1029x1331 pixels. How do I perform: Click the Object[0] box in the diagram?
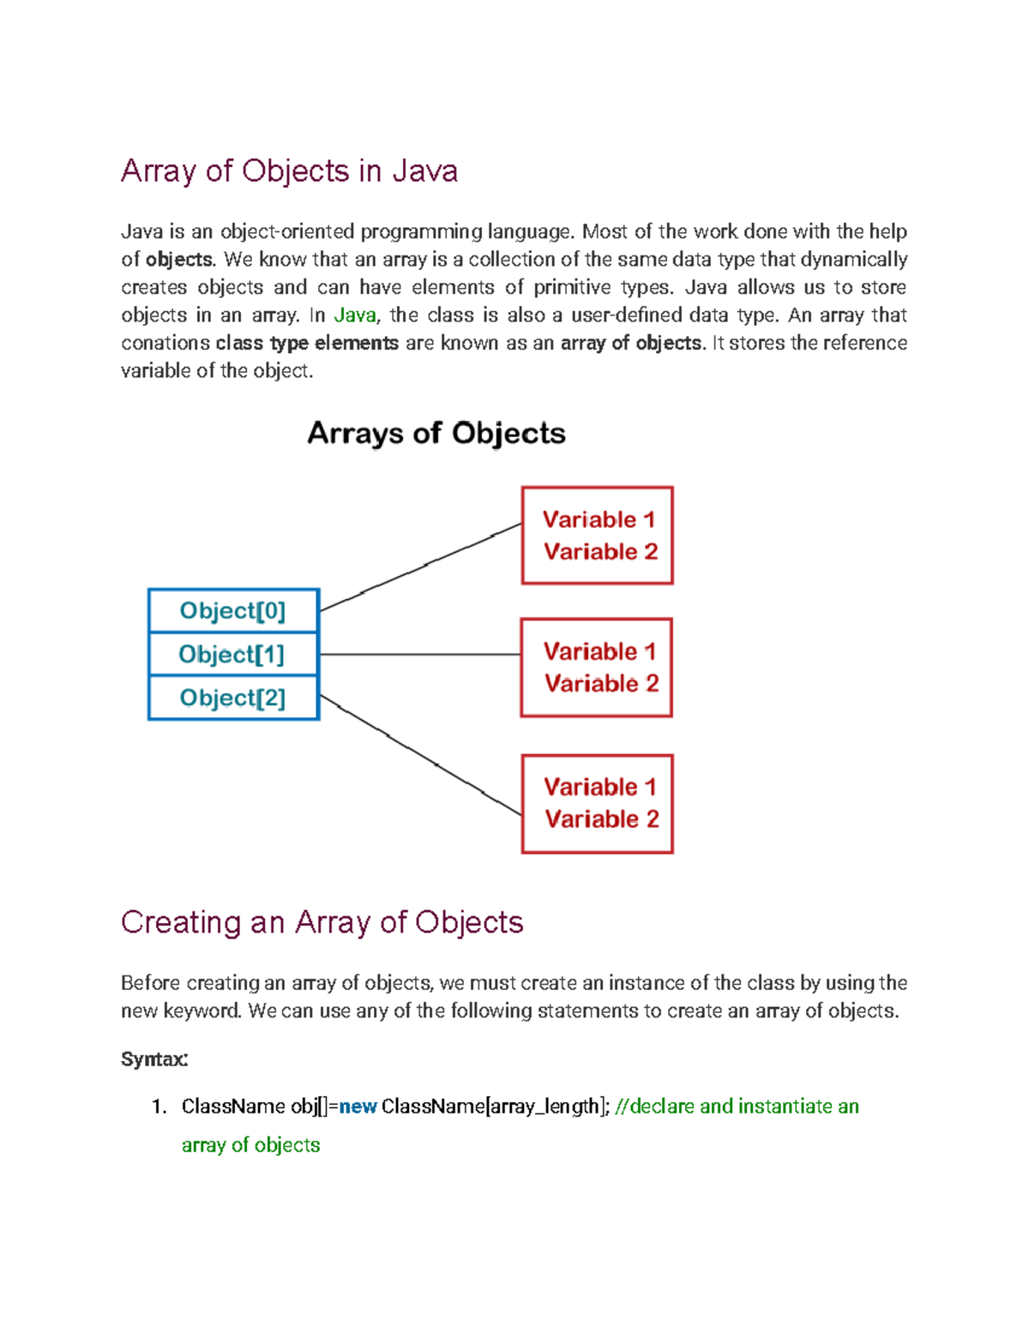click(233, 611)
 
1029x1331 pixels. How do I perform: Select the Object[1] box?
click(233, 655)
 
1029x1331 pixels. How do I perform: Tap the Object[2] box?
click(233, 698)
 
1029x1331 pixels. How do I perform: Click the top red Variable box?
click(598, 536)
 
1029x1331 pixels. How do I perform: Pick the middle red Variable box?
click(597, 668)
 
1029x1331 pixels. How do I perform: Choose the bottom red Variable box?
click(598, 804)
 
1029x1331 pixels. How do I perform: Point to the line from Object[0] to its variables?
click(420, 567)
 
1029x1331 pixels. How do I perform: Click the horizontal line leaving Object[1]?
click(420, 654)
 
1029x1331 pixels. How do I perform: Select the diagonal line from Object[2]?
click(420, 755)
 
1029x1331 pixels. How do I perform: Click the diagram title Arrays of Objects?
click(436, 433)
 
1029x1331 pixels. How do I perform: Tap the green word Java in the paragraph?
click(354, 315)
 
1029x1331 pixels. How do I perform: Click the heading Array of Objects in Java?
click(289, 171)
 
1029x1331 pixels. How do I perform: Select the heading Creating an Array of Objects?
click(322, 922)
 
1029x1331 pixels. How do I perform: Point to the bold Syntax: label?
click(154, 1059)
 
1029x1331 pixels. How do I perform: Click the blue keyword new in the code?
click(358, 1106)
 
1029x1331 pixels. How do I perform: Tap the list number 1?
click(158, 1106)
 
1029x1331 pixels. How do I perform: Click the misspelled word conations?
click(165, 344)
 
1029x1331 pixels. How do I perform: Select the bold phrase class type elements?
click(307, 344)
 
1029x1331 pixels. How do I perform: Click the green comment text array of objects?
click(250, 1145)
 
